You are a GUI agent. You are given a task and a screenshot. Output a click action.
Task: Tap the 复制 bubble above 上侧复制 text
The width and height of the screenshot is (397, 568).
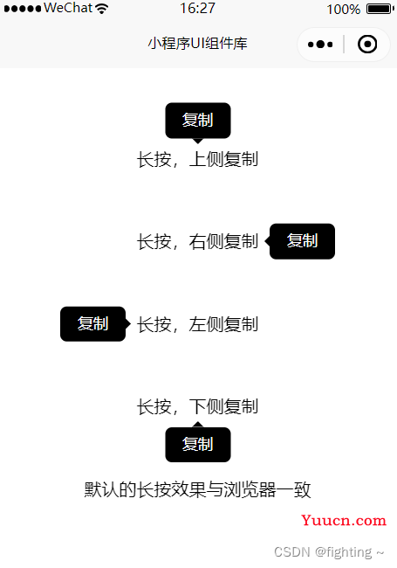(198, 121)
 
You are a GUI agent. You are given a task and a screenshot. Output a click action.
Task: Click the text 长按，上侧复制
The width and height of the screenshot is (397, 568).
(197, 159)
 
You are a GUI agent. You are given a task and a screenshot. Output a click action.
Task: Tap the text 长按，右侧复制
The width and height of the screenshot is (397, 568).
(197, 241)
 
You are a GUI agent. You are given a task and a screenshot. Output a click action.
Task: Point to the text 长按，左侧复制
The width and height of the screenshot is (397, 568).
(197, 324)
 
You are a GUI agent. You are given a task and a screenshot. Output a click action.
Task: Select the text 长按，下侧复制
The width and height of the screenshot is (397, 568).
(197, 406)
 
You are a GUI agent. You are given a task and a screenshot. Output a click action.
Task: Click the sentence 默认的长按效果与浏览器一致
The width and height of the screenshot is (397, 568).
(197, 489)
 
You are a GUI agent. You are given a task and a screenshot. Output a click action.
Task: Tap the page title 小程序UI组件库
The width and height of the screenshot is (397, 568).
(198, 44)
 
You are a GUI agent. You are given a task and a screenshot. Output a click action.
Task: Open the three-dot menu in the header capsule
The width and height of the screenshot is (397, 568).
(320, 45)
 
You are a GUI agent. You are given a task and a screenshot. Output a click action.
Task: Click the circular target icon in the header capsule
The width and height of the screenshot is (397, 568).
(367, 45)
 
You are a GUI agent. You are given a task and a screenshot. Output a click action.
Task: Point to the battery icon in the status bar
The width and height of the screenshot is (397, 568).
(380, 9)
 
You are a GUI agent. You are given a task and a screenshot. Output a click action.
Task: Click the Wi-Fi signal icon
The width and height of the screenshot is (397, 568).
(102, 9)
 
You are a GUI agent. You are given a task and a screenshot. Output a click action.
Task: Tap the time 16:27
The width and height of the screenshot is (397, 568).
(198, 9)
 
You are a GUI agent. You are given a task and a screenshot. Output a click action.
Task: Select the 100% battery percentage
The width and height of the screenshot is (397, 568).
(344, 9)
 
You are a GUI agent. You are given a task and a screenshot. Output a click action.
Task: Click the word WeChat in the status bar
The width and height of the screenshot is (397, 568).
(68, 8)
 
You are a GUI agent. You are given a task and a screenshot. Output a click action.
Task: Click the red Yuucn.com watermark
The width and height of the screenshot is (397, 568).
(344, 520)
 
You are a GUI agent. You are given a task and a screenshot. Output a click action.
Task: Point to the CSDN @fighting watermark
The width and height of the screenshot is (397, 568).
(329, 552)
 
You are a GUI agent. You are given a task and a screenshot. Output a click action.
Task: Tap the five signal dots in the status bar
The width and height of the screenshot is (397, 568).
(23, 9)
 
